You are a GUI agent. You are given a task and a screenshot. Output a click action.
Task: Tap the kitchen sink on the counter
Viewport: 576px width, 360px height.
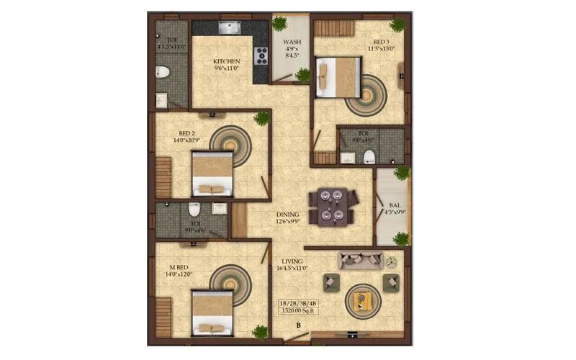coord(229,29)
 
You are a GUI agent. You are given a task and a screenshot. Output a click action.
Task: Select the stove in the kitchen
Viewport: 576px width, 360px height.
coord(261,54)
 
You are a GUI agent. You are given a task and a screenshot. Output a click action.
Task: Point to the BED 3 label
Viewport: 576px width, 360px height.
coord(381,45)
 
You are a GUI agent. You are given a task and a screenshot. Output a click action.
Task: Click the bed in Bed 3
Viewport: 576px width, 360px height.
coord(338,76)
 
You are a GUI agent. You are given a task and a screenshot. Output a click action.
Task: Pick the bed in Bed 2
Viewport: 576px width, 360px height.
coord(212,174)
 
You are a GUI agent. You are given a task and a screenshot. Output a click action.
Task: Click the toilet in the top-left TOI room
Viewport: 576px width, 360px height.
coord(163,71)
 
